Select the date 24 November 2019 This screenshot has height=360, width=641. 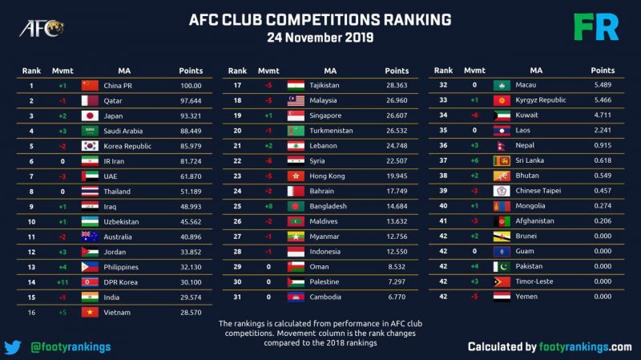click(320, 37)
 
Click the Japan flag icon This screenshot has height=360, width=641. click(90, 116)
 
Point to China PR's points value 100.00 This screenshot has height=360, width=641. click(190, 86)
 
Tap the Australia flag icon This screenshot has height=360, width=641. click(90, 237)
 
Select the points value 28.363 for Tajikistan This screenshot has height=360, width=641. click(396, 86)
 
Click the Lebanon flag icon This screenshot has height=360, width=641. click(295, 146)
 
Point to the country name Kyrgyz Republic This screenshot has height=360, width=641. click(541, 100)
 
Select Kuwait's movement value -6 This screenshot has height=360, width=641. click(475, 115)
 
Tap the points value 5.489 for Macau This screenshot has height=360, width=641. click(603, 86)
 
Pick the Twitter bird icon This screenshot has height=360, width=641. click(12, 347)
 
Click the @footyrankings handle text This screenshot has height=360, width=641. click(71, 347)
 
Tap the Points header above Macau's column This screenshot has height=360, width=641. click(603, 71)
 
